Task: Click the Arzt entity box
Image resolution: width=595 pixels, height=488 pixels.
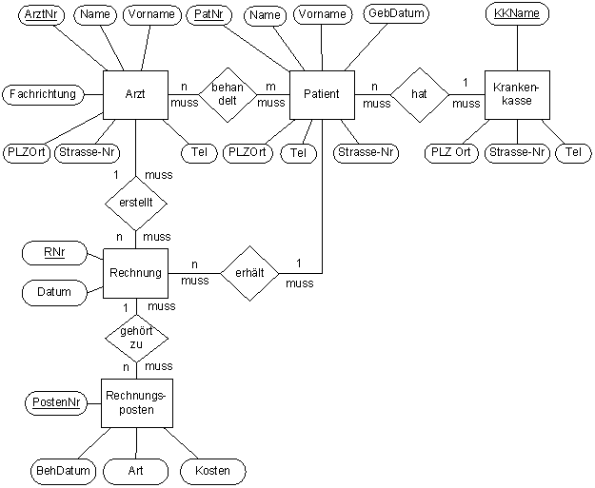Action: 135,95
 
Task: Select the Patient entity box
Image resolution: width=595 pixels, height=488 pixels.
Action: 322,95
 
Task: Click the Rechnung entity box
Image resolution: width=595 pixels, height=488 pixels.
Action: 135,274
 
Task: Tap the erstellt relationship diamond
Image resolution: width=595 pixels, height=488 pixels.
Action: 136,203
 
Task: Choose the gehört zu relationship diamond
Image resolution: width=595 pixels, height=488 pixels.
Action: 136,337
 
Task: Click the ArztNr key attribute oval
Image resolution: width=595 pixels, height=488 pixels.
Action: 37,14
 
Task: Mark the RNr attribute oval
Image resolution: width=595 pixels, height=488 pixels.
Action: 53,252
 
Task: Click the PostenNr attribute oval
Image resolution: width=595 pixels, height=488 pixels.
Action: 53,403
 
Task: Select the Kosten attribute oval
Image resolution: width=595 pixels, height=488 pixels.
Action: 212,471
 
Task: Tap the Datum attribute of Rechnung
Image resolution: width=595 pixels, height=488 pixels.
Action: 54,292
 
